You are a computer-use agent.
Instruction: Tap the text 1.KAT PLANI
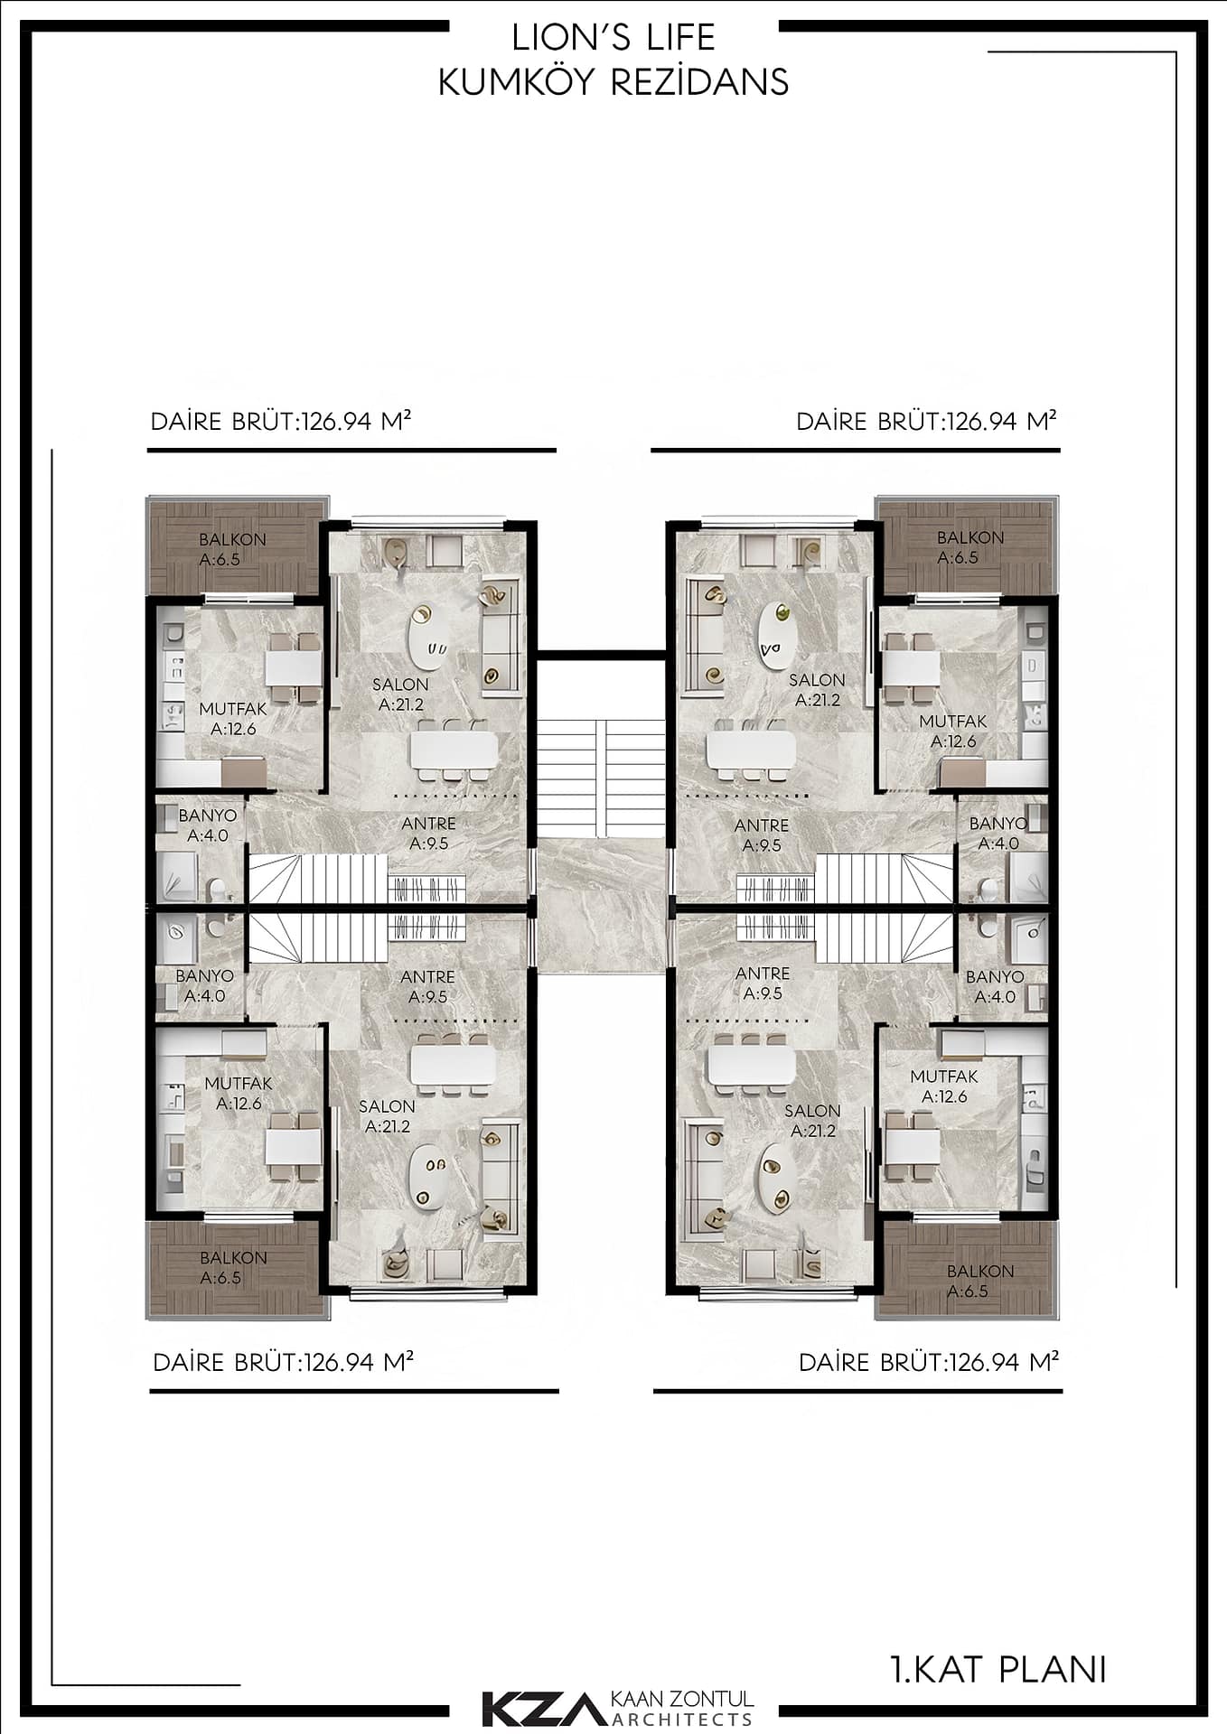point(998,1669)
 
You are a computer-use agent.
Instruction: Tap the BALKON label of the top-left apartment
point(232,539)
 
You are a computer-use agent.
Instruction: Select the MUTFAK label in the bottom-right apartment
point(944,1077)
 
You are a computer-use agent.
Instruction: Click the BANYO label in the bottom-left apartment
point(205,975)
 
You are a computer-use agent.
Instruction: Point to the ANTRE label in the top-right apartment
point(762,825)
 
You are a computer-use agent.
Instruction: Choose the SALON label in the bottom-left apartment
point(387,1106)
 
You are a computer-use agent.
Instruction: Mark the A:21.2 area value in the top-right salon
point(818,700)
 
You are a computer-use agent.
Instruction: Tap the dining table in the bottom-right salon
point(752,1065)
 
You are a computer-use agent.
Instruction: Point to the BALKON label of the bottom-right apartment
point(980,1271)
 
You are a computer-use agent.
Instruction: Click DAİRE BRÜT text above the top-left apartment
point(223,422)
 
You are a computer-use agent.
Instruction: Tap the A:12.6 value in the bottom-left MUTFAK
point(239,1104)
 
